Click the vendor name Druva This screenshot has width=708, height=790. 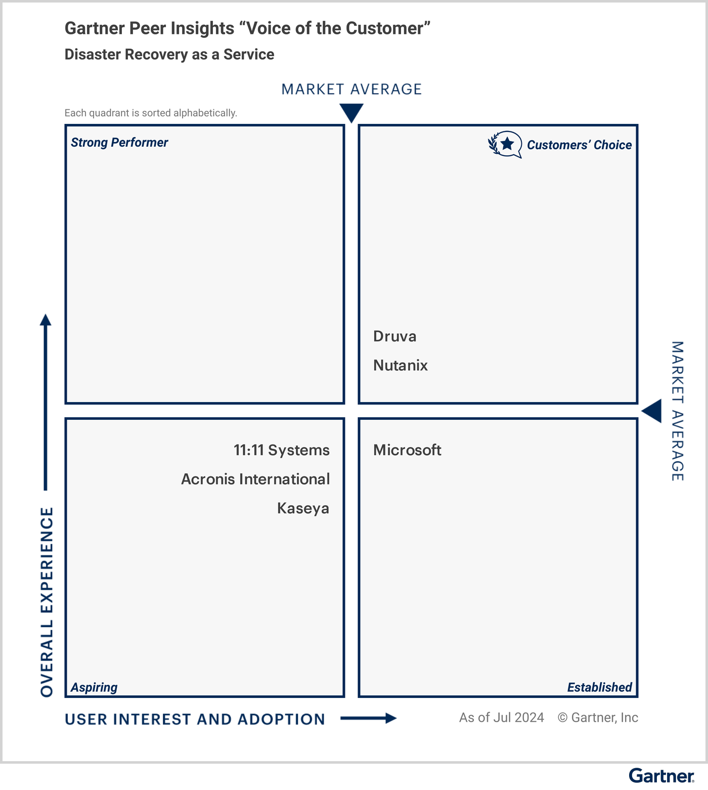coord(394,336)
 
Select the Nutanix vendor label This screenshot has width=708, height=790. coord(400,365)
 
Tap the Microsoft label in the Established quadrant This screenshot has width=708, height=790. coord(407,450)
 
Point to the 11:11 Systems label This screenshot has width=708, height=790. coord(281,450)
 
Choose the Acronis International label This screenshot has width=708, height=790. coord(255,479)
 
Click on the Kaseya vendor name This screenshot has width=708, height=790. coord(303,508)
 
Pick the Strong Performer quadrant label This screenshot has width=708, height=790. coord(119,143)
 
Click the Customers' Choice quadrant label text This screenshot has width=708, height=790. coord(579,145)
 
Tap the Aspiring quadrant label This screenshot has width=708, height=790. coord(94,687)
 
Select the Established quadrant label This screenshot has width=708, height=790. coord(599,687)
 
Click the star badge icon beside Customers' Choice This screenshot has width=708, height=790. coord(505,145)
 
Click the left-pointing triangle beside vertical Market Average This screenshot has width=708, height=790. coord(652,411)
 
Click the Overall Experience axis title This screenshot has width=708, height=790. coord(47,602)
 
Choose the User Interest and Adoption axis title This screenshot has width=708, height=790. coord(195,719)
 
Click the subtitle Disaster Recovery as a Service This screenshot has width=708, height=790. coord(169,55)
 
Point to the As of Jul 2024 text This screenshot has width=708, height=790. coord(501,718)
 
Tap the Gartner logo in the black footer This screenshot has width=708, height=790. coord(661,776)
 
